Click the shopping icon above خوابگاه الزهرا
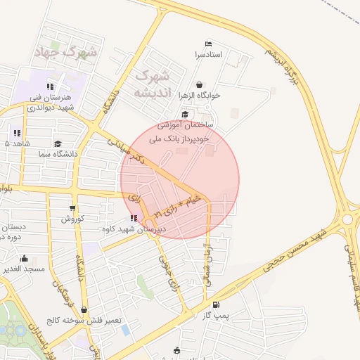click(200, 84)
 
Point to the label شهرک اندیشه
click(152, 82)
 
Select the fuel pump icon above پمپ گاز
click(216, 304)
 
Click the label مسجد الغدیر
click(24, 269)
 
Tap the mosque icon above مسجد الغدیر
click(25, 258)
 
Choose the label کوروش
click(72, 219)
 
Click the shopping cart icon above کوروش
click(73, 207)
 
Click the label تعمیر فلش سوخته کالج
click(84, 321)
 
